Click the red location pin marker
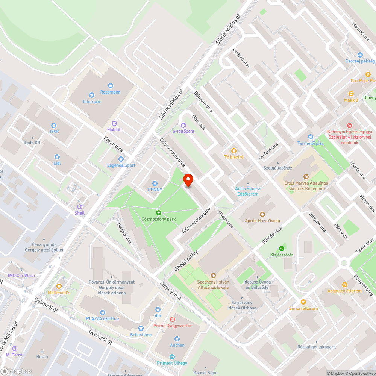[x=188, y=180]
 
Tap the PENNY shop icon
[x=155, y=183]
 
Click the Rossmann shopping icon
[x=110, y=86]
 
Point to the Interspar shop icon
[x=92, y=96]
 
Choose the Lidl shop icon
[x=57, y=156]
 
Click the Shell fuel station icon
[x=79, y=207]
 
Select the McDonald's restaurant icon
[x=59, y=286]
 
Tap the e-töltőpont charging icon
[x=183, y=125]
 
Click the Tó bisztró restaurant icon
[x=234, y=150]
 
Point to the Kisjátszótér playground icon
[x=281, y=249]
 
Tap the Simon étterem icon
[x=303, y=302]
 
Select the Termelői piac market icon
[x=310, y=137]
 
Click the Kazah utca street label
[x=114, y=147]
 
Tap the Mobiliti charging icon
[x=114, y=123]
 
